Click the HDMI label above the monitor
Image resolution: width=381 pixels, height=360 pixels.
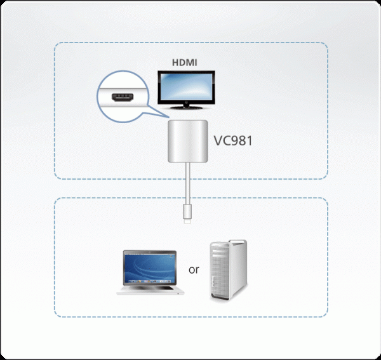coord(186,63)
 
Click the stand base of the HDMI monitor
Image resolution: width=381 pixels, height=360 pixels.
coord(187,110)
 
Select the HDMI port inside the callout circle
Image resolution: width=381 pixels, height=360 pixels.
coord(121,99)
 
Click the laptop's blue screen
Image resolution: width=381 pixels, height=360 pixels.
coord(149,266)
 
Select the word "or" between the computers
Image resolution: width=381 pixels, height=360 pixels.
coord(194,269)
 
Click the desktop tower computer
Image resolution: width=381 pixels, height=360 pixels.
coord(229,270)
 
